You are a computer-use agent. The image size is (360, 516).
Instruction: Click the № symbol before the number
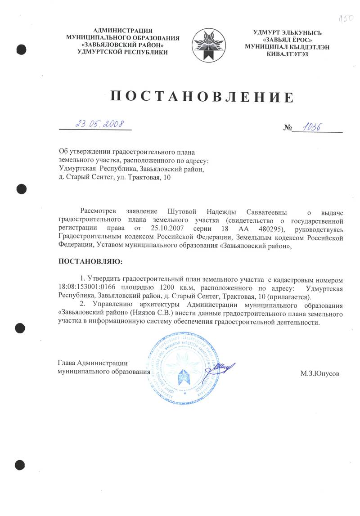tap(288, 128)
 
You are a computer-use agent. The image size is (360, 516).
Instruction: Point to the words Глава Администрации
tap(93, 363)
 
